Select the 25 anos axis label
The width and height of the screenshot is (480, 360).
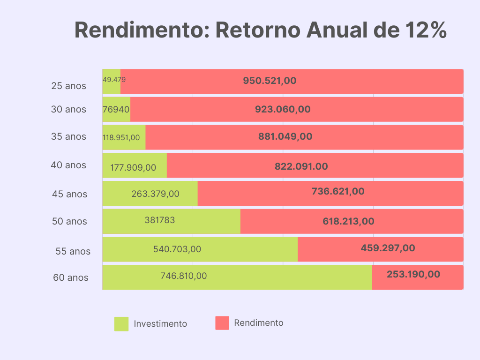tap(69, 86)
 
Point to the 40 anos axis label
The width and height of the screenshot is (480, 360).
tap(68, 165)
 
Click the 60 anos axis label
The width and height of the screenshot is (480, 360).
tap(70, 277)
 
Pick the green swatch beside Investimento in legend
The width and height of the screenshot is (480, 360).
tap(121, 324)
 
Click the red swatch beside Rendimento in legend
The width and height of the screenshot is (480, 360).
tap(222, 323)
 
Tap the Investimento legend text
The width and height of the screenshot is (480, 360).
tap(160, 324)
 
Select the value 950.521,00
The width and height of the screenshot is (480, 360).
tap(270, 81)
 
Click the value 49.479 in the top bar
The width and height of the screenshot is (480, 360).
tap(114, 80)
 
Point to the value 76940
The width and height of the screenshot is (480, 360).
tap(116, 109)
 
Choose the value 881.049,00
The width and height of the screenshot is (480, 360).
tap(285, 137)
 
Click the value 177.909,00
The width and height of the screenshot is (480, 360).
tap(133, 167)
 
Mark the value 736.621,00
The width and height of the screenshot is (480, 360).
tap(338, 191)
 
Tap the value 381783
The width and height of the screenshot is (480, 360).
tap(159, 220)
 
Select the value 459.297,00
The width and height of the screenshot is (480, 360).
tap(388, 248)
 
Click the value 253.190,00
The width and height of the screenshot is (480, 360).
tap(413, 274)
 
